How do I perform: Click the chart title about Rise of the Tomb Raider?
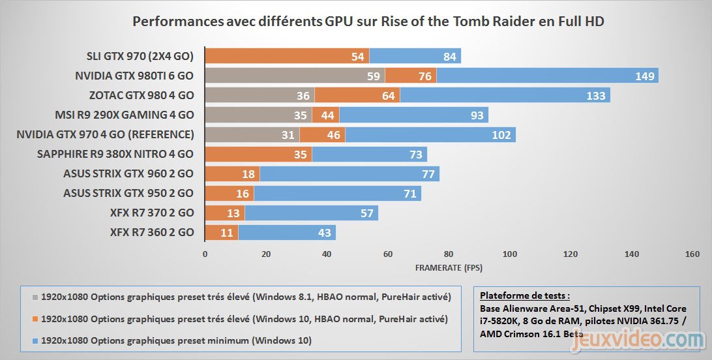coord(368,22)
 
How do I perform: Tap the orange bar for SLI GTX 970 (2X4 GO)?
coord(287,56)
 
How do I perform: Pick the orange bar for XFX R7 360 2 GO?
coord(222,232)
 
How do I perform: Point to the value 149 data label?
coord(645,76)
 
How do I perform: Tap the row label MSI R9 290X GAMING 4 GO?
coord(124,115)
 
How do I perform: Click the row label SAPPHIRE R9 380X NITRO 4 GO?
coord(115,155)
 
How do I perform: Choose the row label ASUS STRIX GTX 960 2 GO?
coord(128,174)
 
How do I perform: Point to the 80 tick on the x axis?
coord(449,253)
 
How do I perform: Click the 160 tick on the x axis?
coord(692,253)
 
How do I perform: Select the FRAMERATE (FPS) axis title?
coord(449,267)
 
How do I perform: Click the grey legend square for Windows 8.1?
coord(36,297)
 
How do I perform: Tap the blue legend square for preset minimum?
coord(36,341)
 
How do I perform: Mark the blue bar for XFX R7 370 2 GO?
coord(311,213)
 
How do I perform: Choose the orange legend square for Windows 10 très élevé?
coord(36,320)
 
